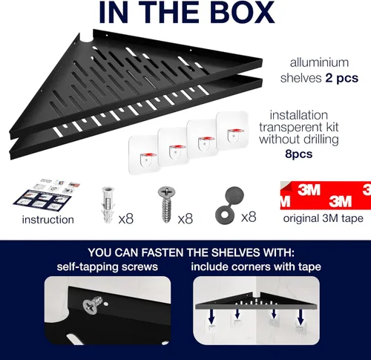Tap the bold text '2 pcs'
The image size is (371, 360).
point(342,78)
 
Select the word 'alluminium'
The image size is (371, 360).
point(319,62)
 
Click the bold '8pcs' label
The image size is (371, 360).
point(299,154)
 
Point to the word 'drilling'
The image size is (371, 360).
point(321,140)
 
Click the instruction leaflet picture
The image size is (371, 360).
point(47,195)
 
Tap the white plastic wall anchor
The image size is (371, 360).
point(108,205)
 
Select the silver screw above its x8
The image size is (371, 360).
point(166,204)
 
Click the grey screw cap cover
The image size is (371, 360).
point(229,205)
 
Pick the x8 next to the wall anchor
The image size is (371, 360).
point(126,218)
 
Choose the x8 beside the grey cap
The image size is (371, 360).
point(249,217)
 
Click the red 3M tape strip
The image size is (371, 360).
point(326,195)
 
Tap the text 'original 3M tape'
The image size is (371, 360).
point(324,218)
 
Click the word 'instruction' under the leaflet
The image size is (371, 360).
point(48,220)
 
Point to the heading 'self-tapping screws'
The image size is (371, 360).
point(108,267)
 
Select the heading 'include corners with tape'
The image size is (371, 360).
point(256,266)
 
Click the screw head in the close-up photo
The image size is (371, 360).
point(91,307)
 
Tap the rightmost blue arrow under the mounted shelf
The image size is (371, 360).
point(301,318)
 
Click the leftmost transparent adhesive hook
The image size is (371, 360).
point(145,155)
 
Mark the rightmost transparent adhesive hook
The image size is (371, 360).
point(232,131)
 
